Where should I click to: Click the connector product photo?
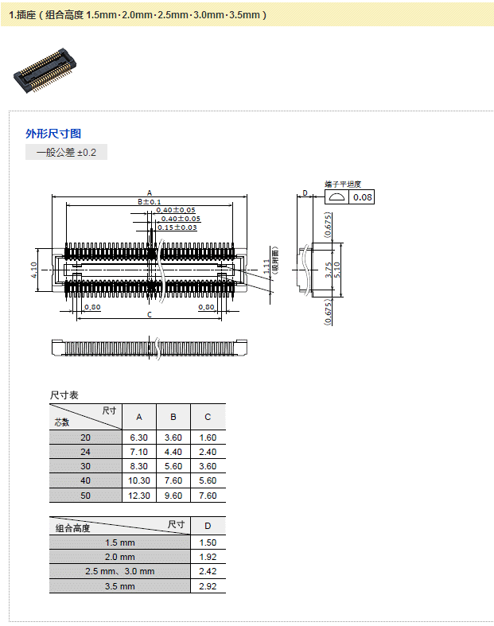point(45,71)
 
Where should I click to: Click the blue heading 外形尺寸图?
point(53,134)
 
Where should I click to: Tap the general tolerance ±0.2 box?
point(66,152)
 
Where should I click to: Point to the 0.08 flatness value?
point(362,197)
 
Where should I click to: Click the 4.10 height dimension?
point(34,270)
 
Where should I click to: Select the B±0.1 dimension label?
point(150,201)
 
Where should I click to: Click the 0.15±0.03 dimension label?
point(177,227)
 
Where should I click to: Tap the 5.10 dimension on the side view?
point(336,270)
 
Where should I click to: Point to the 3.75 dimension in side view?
point(329,270)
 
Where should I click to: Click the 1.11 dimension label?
point(266,266)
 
